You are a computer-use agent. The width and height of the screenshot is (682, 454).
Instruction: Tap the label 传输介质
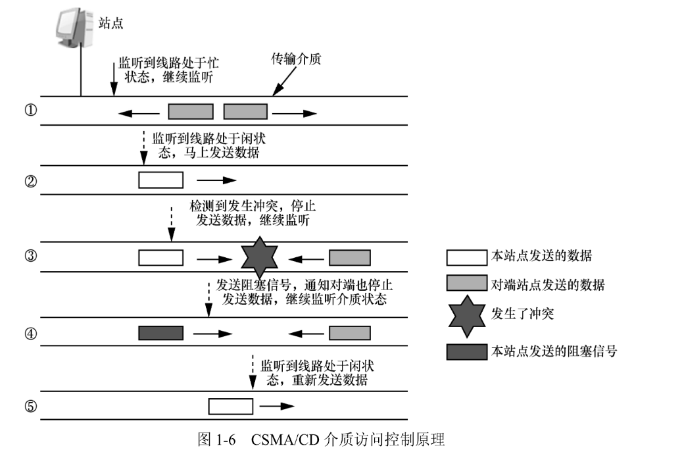tap(296, 59)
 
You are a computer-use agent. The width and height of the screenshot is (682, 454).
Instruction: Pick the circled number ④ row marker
tap(30, 333)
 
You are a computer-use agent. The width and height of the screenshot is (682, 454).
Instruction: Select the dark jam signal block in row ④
tap(160, 333)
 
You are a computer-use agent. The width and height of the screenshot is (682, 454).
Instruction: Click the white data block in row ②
tap(160, 180)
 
